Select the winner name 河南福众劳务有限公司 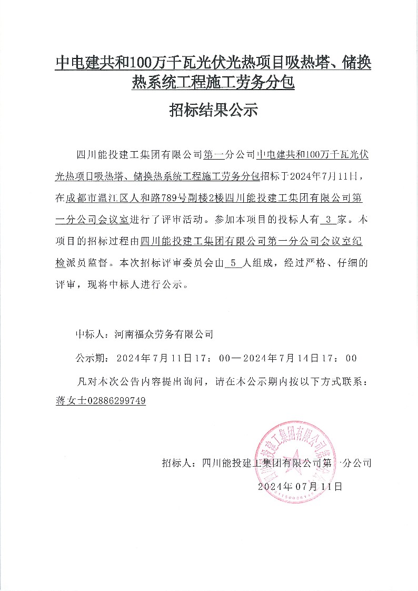click(160, 333)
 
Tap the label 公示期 click(89, 358)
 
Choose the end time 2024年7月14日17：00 click(305, 358)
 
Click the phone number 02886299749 click(119, 401)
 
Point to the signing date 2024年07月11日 click(300, 486)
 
